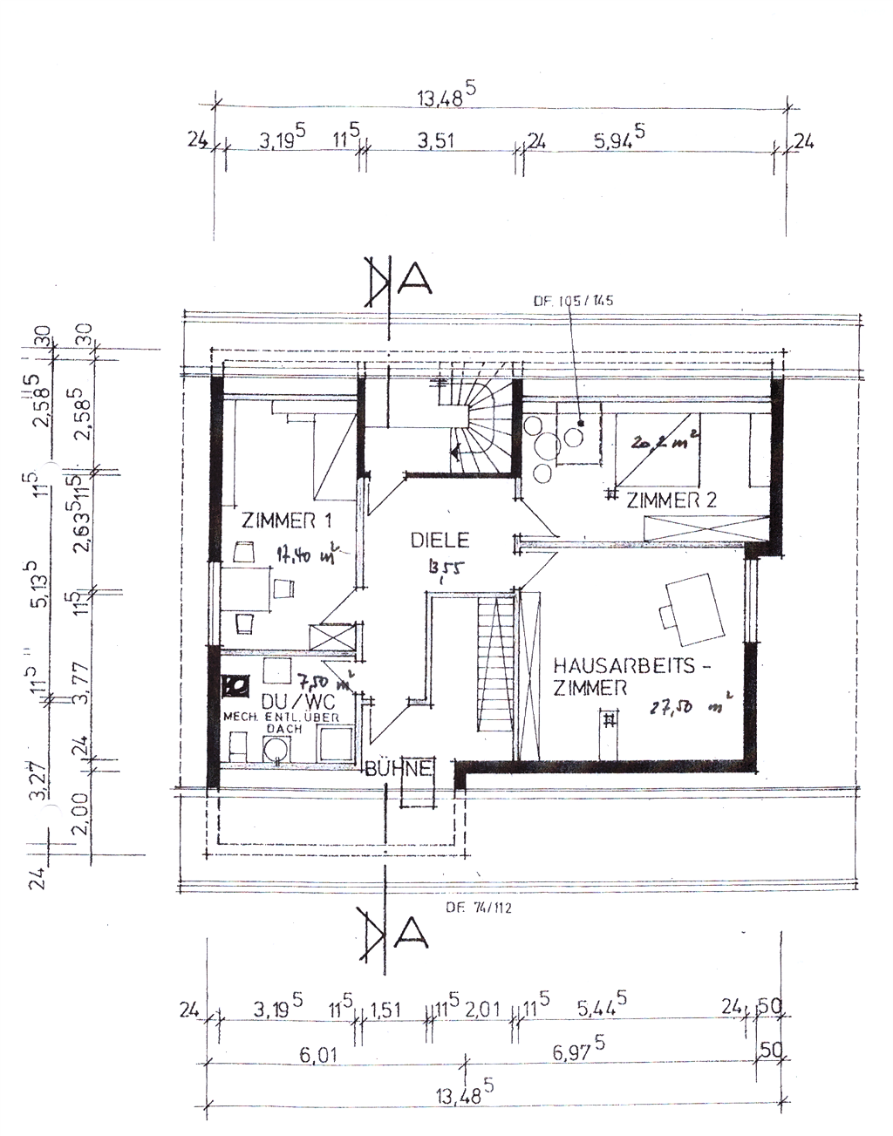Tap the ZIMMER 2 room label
[671, 500]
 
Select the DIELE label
[440, 541]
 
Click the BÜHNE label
[399, 769]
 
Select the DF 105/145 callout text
[574, 301]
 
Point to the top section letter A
[414, 276]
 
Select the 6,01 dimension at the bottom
[318, 1056]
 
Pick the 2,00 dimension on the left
[79, 813]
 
